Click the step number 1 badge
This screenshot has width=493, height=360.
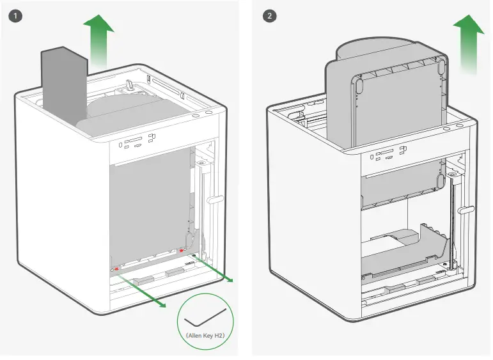click(15, 15)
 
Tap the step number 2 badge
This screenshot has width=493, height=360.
click(270, 15)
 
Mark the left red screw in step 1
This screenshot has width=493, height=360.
click(116, 269)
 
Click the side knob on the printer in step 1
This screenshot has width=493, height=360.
click(215, 200)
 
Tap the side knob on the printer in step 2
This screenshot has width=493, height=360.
click(466, 209)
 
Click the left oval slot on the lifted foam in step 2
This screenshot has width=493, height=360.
click(359, 84)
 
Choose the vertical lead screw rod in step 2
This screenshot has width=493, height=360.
click(452, 224)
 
